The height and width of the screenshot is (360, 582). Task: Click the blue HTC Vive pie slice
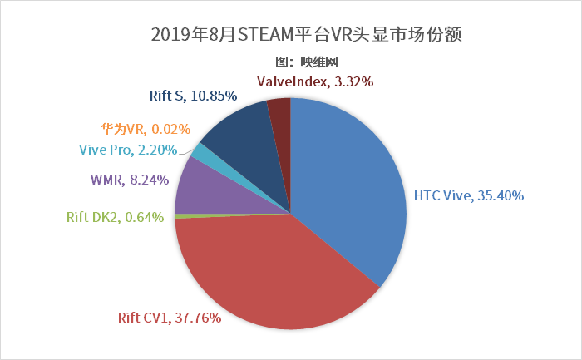point(349,191)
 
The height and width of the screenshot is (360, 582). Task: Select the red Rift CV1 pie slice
point(266,274)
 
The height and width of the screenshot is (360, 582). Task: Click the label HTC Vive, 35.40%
point(469,196)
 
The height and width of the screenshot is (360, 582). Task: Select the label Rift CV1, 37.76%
point(169,317)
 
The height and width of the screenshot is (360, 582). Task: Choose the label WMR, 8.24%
point(130,179)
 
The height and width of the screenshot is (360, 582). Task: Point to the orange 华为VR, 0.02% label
point(145,129)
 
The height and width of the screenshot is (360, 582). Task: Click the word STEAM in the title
point(265,36)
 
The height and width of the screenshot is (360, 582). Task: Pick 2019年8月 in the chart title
point(195,36)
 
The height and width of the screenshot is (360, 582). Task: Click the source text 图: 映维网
point(306,61)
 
